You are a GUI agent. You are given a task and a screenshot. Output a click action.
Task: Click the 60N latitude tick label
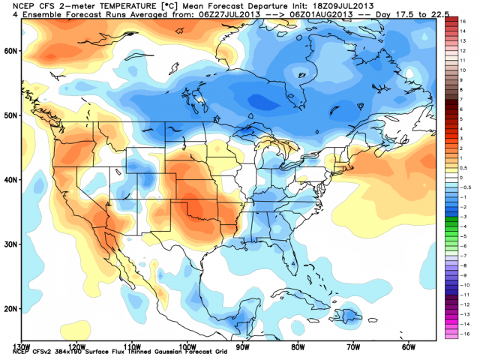click(9, 51)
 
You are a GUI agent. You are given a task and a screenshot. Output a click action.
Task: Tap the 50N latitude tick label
click(9, 115)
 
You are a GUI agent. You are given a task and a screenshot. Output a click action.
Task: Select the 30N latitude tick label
click(9, 244)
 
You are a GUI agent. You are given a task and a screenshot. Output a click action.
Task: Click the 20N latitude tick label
click(9, 308)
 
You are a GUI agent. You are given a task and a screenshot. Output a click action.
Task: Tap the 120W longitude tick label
click(75, 347)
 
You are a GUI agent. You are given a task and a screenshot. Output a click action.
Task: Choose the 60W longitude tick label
click(409, 347)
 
